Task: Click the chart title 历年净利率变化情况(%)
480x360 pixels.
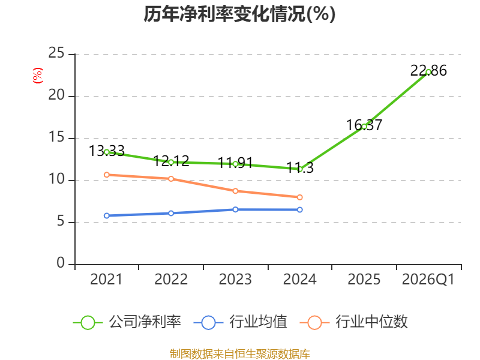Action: pyautogui.click(x=239, y=14)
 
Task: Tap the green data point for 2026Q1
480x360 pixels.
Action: pyautogui.click(x=428, y=72)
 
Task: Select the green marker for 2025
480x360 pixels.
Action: pyautogui.click(x=364, y=127)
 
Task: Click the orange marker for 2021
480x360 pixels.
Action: pyautogui.click(x=107, y=175)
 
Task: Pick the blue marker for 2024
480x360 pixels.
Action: pyautogui.click(x=299, y=209)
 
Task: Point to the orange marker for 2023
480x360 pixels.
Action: pyautogui.click(x=235, y=191)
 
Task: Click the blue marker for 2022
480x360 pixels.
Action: pyautogui.click(x=171, y=213)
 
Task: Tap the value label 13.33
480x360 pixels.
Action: pyautogui.click(x=107, y=151)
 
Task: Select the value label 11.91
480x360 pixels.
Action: pyautogui.click(x=235, y=163)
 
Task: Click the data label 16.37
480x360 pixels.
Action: pyautogui.click(x=364, y=125)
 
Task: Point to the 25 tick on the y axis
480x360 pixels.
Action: pyautogui.click(x=56, y=53)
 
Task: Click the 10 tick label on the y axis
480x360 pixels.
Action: pyautogui.click(x=56, y=179)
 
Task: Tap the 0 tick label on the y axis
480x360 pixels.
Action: pyautogui.click(x=61, y=263)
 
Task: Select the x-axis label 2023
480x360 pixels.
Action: pyautogui.click(x=235, y=280)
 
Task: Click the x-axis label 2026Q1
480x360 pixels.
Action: pyautogui.click(x=428, y=280)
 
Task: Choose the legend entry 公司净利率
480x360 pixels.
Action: pyautogui.click(x=127, y=322)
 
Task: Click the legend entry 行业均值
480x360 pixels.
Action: pyautogui.click(x=241, y=322)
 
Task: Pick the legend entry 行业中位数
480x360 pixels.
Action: pyautogui.click(x=353, y=322)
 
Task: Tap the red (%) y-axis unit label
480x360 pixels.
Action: pyautogui.click(x=38, y=76)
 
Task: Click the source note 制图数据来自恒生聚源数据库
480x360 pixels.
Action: pyautogui.click(x=240, y=354)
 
